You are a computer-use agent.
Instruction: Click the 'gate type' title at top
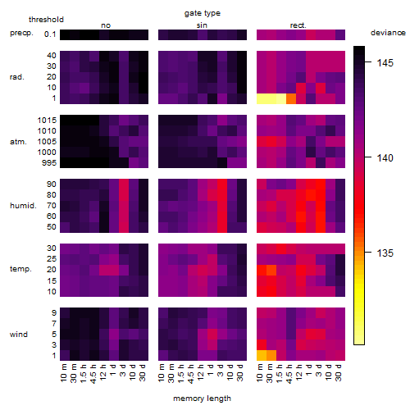(x=203, y=13)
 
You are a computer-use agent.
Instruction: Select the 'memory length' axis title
(x=202, y=399)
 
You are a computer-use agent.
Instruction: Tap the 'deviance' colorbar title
(x=388, y=33)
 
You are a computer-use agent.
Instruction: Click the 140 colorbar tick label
(x=385, y=157)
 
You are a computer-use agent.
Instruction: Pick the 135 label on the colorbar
(x=385, y=253)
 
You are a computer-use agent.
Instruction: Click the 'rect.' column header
(x=298, y=25)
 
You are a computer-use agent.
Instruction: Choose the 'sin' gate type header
(x=202, y=25)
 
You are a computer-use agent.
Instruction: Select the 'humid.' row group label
(x=23, y=206)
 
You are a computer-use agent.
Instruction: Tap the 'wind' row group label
(x=19, y=335)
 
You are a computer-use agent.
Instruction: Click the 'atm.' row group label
(x=18, y=142)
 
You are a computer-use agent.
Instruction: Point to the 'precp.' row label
(x=21, y=33)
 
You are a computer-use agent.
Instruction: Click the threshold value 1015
(x=47, y=120)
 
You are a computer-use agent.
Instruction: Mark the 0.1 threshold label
(x=50, y=34)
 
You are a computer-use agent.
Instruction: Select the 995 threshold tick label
(x=49, y=163)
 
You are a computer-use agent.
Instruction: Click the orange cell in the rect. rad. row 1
(x=291, y=98)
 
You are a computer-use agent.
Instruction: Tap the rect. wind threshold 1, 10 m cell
(x=262, y=355)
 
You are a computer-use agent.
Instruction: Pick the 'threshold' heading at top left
(x=46, y=20)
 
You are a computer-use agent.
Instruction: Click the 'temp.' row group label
(x=20, y=269)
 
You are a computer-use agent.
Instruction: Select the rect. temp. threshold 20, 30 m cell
(x=271, y=270)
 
